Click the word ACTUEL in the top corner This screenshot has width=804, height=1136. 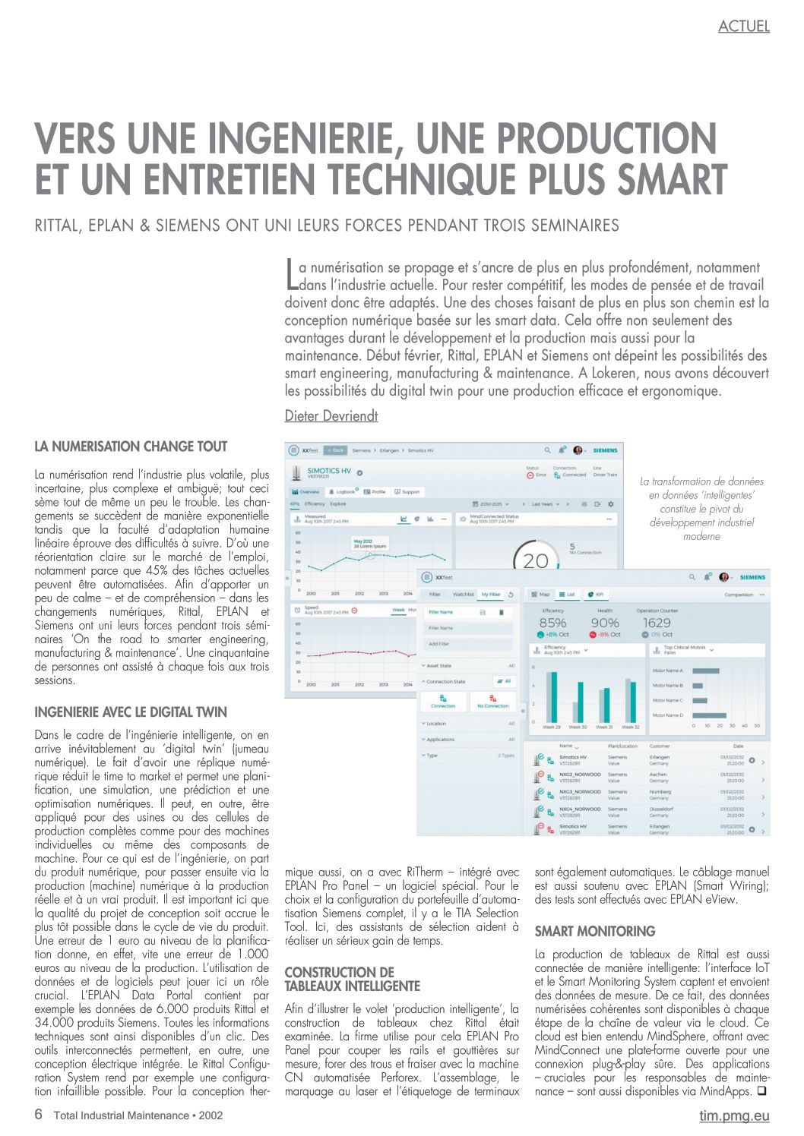[x=743, y=27]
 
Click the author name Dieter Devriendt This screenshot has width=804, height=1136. [x=331, y=416]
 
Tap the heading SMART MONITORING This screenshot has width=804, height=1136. [x=595, y=931]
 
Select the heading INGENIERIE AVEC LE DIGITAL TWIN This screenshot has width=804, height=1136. [x=131, y=712]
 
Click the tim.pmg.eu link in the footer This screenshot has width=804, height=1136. [x=734, y=1115]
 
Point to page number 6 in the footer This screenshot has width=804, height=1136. [x=39, y=1115]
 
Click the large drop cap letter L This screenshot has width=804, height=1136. [x=291, y=274]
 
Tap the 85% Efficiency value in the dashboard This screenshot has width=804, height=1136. [x=552, y=623]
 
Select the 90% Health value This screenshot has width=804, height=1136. [x=605, y=623]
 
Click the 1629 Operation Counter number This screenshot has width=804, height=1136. [x=657, y=623]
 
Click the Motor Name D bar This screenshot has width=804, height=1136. [x=709, y=715]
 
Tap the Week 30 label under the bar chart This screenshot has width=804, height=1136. [x=578, y=727]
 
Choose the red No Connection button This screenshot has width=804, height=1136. [x=492, y=701]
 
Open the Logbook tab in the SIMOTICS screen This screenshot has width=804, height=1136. [x=343, y=492]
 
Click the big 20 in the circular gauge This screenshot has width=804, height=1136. [x=536, y=560]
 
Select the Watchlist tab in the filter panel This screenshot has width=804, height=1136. [x=464, y=595]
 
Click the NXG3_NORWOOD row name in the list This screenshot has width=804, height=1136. [x=579, y=792]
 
